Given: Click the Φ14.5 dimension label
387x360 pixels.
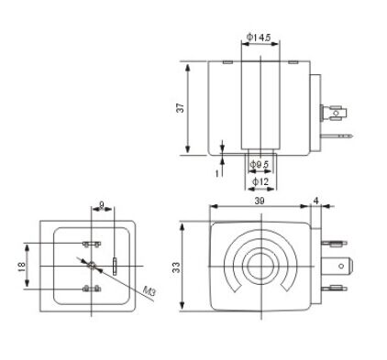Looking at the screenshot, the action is pyautogui.click(x=259, y=38).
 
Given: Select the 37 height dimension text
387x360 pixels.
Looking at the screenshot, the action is pyautogui.click(x=181, y=107).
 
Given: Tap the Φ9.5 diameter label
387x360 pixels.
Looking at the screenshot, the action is pyautogui.click(x=259, y=165).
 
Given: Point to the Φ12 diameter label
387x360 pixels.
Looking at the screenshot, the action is pyautogui.click(x=260, y=181).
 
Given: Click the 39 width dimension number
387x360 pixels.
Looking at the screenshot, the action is pyautogui.click(x=260, y=201).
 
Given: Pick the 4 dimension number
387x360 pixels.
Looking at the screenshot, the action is pyautogui.click(x=316, y=201).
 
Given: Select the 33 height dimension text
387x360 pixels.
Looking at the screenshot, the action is pyautogui.click(x=177, y=267).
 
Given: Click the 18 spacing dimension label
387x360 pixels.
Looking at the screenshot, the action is pyautogui.click(x=21, y=267).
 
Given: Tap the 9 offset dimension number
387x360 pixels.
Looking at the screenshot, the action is pyautogui.click(x=102, y=203).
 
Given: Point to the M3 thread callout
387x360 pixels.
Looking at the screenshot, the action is pyautogui.click(x=150, y=292).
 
